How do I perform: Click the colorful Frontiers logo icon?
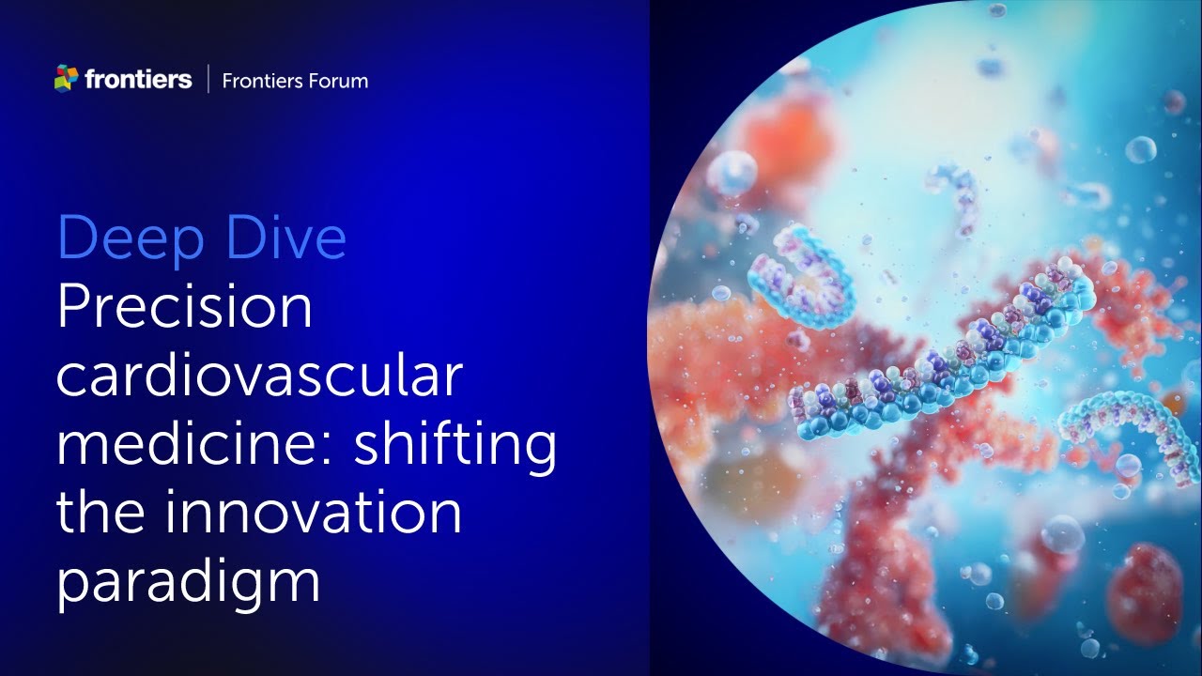[66, 79]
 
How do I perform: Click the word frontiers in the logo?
[137, 80]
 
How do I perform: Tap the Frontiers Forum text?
[295, 81]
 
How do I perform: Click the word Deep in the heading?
[126, 238]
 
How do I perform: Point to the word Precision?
[184, 308]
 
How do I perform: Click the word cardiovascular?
[259, 376]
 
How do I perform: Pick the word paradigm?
[188, 582]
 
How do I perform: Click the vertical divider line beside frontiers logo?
[207, 80]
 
